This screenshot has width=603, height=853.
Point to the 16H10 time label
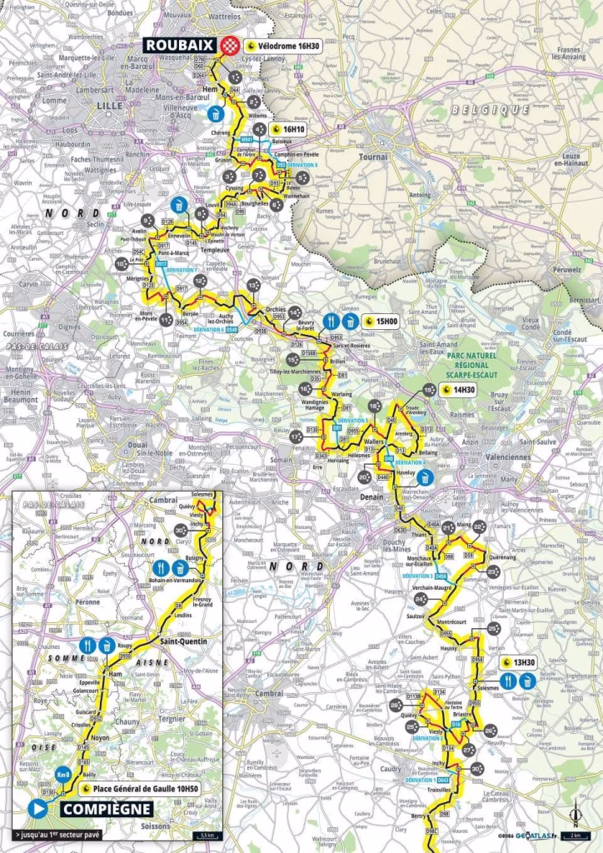[288, 130]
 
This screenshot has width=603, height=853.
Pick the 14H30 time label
[457, 390]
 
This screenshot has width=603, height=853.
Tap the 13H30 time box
[516, 663]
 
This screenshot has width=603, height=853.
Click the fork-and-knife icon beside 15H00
[331, 321]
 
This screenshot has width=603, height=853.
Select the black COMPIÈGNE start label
[100, 808]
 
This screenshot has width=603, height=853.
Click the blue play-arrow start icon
[37, 808]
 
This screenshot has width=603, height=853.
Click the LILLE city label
[109, 107]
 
